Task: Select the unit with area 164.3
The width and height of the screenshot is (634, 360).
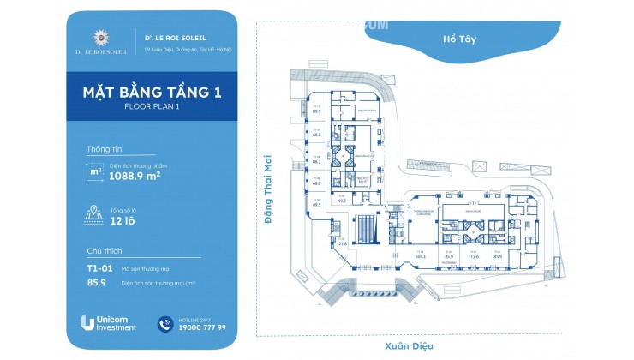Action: pyautogui.click(x=420, y=255)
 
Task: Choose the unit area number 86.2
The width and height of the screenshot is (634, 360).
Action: pyautogui.click(x=316, y=161)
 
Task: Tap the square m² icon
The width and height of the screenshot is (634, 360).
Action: pyautogui.click(x=97, y=171)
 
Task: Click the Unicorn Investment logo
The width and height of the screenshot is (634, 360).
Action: pyautogui.click(x=109, y=322)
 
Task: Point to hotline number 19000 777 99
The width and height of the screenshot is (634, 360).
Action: pyautogui.click(x=203, y=327)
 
